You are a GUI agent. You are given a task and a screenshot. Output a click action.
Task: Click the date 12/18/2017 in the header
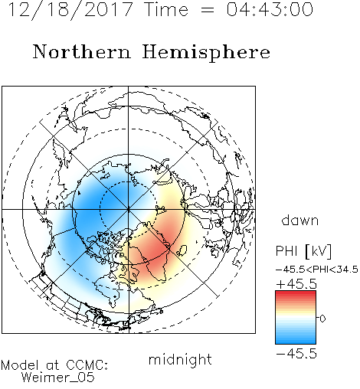[x=70, y=10]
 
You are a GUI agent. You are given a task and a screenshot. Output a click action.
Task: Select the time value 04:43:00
[x=270, y=9]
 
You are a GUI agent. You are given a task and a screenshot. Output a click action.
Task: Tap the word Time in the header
[x=166, y=9]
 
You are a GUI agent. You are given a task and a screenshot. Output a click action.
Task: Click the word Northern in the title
[x=82, y=51]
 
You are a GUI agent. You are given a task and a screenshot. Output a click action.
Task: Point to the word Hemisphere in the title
[x=206, y=53]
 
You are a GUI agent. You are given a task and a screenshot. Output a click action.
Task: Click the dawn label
[x=300, y=220]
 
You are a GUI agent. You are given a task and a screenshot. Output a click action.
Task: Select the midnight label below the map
[x=180, y=359]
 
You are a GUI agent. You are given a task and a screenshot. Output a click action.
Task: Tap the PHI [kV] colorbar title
[x=303, y=251]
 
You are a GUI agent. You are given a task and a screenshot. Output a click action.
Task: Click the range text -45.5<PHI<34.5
[x=316, y=270]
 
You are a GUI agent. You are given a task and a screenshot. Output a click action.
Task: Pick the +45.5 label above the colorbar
[x=296, y=284]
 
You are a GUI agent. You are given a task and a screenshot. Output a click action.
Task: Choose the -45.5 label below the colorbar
[x=296, y=354]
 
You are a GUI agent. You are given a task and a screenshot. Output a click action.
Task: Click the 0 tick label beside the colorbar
[x=322, y=319]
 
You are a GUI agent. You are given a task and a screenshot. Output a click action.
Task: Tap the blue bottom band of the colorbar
[x=296, y=341]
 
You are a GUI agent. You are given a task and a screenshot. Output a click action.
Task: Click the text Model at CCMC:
[x=54, y=365]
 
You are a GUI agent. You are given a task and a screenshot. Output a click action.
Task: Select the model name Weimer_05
[x=58, y=378]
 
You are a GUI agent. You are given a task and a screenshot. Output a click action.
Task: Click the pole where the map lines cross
[x=128, y=209]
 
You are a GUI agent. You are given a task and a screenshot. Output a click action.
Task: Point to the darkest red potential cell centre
[x=155, y=247]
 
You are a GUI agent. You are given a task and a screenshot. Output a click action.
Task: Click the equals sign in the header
[x=207, y=10]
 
